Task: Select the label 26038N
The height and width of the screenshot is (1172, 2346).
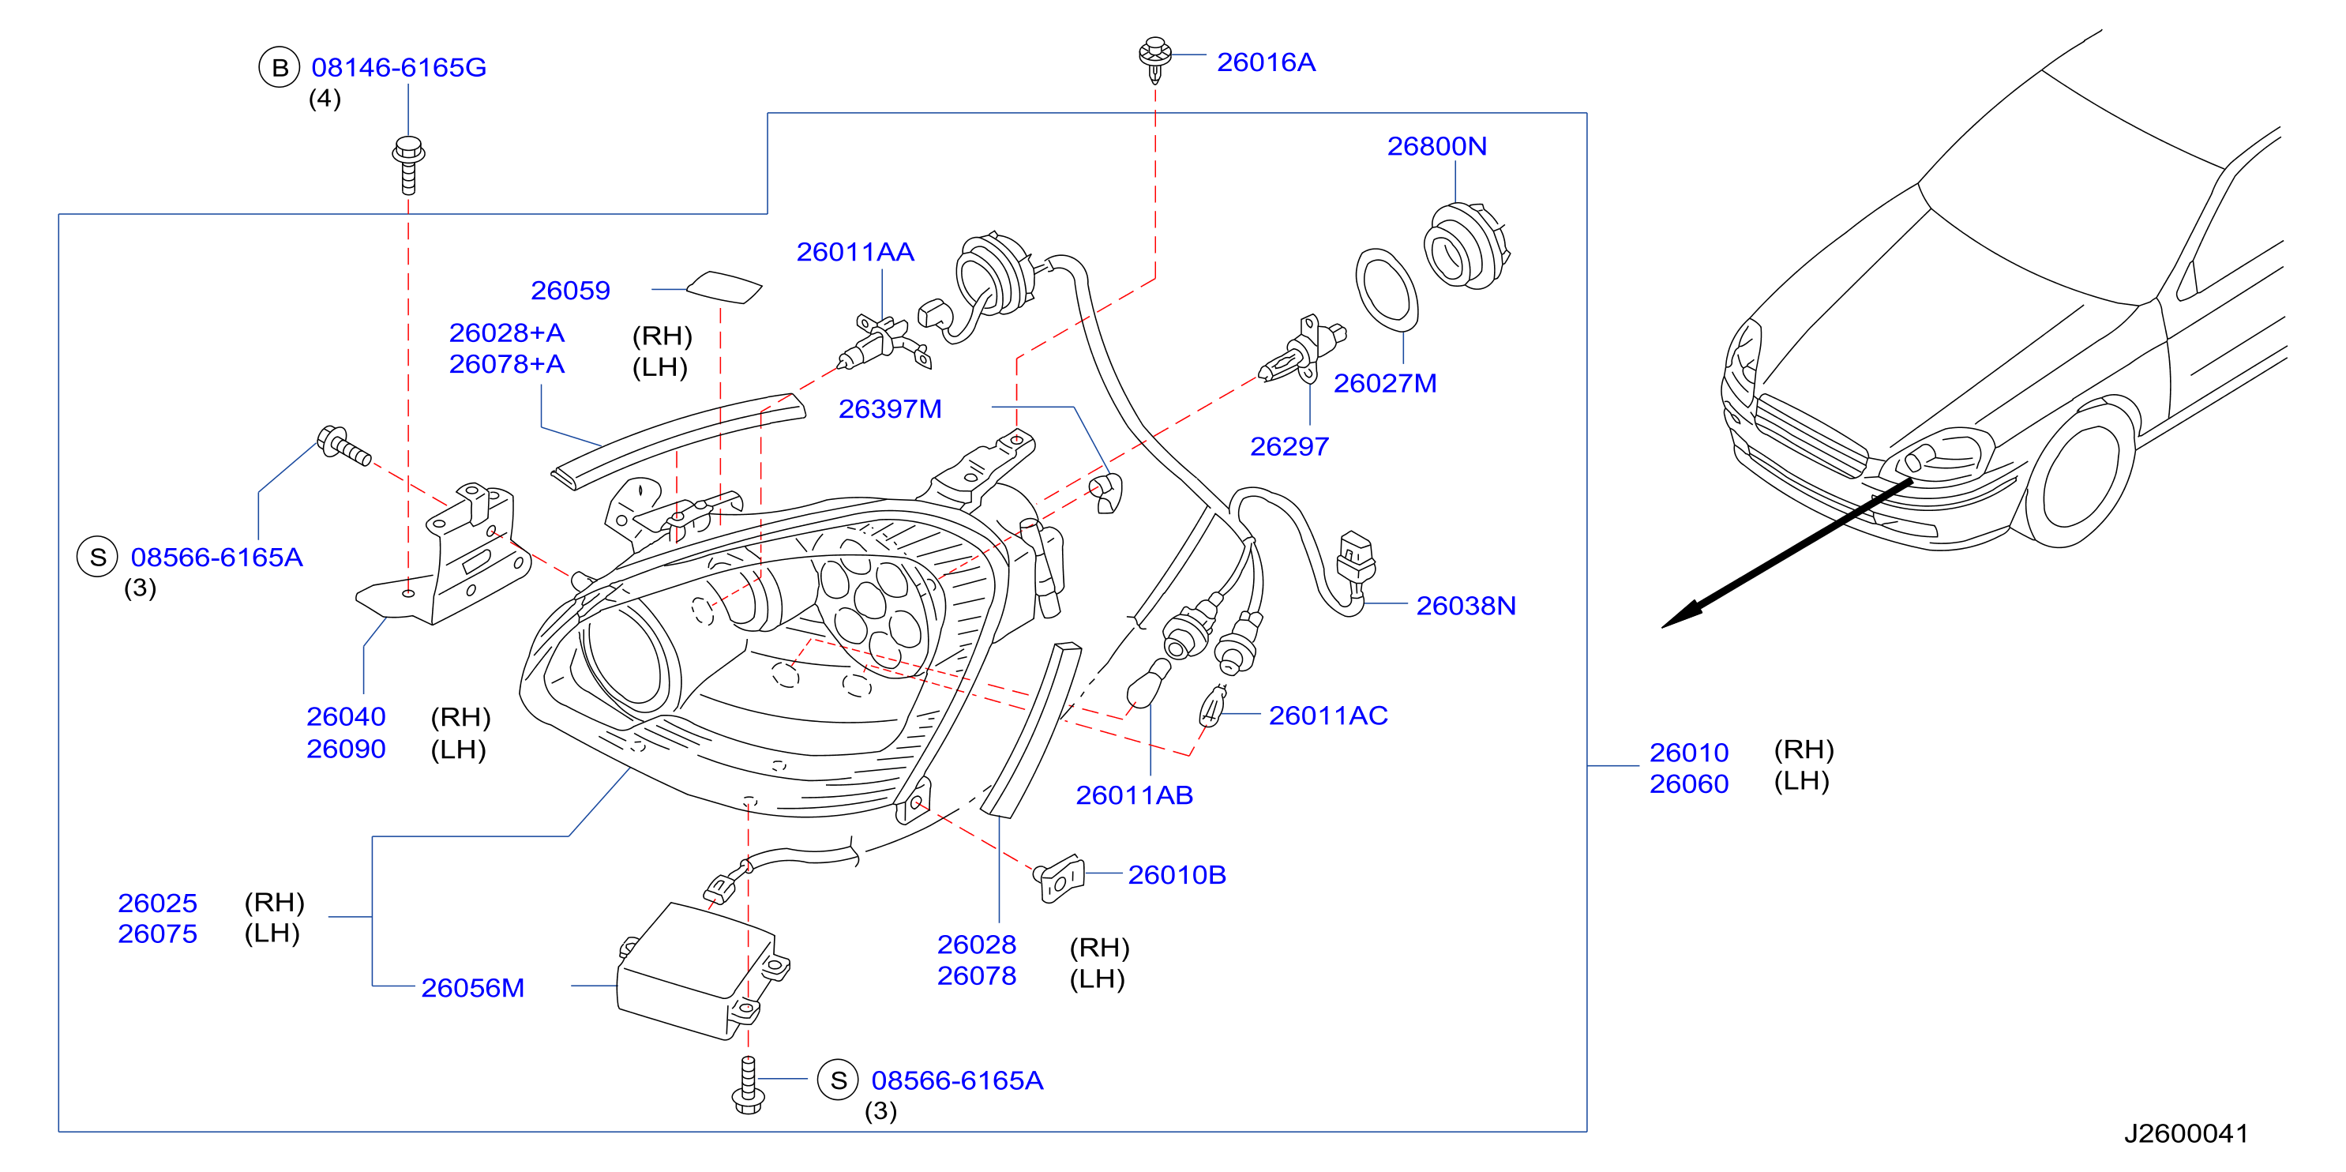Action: [x=1466, y=606]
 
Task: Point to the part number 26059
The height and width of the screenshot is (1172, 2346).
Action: [x=570, y=291]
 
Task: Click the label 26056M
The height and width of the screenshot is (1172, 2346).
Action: [x=473, y=988]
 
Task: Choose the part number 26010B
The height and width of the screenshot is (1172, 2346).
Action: [x=1177, y=875]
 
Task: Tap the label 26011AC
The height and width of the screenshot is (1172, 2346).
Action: [x=1328, y=716]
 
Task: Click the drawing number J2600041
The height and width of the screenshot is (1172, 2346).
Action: [x=2186, y=1134]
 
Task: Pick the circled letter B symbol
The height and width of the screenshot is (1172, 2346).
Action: [x=280, y=67]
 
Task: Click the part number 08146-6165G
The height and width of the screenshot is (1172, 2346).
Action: [x=399, y=67]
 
